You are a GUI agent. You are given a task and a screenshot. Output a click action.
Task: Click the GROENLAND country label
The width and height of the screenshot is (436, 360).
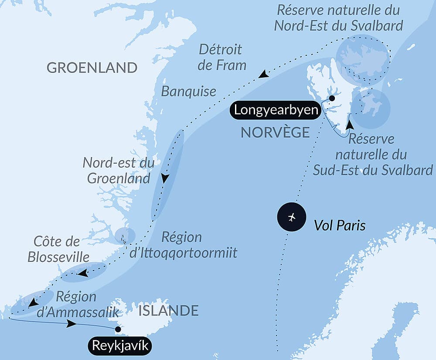coord(92,68)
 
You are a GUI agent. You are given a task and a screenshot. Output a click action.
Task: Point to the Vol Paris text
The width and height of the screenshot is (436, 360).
coord(340,226)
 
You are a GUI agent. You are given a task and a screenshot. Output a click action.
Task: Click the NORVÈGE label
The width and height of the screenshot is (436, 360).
coord(275,132)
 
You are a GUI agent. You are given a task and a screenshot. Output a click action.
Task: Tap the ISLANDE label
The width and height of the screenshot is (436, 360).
coord(168,311)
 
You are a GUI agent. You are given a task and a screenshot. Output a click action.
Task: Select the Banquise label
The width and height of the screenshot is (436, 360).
coord(188,92)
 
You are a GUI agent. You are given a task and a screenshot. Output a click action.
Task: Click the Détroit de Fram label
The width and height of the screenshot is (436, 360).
coord(222,57)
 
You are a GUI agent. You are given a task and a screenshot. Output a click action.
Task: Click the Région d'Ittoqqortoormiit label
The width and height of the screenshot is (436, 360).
coord(183,245)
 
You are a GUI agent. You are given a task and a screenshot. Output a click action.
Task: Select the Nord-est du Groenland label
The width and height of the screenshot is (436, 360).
coord(119,171)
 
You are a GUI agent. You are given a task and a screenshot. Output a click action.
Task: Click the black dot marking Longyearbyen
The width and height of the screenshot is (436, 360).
coord(332,98)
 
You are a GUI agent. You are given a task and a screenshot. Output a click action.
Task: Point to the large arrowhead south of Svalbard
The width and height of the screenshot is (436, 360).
coord(349,125)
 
